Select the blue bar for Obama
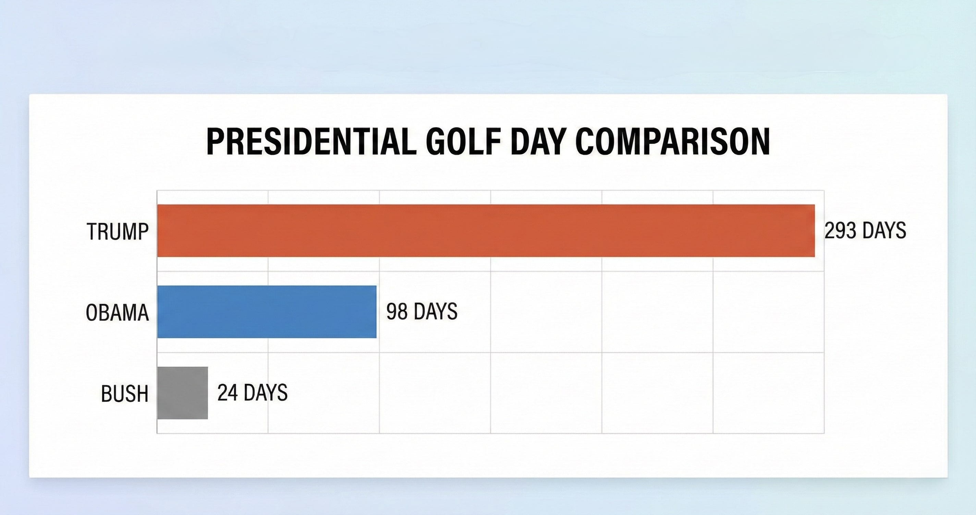[x=267, y=312]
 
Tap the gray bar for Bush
[x=182, y=393]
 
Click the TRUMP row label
[x=118, y=231]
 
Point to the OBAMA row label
[x=117, y=313]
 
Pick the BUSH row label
[x=124, y=394]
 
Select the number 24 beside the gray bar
[x=227, y=393]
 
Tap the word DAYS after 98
[x=435, y=311]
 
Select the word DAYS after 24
[x=266, y=393]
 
